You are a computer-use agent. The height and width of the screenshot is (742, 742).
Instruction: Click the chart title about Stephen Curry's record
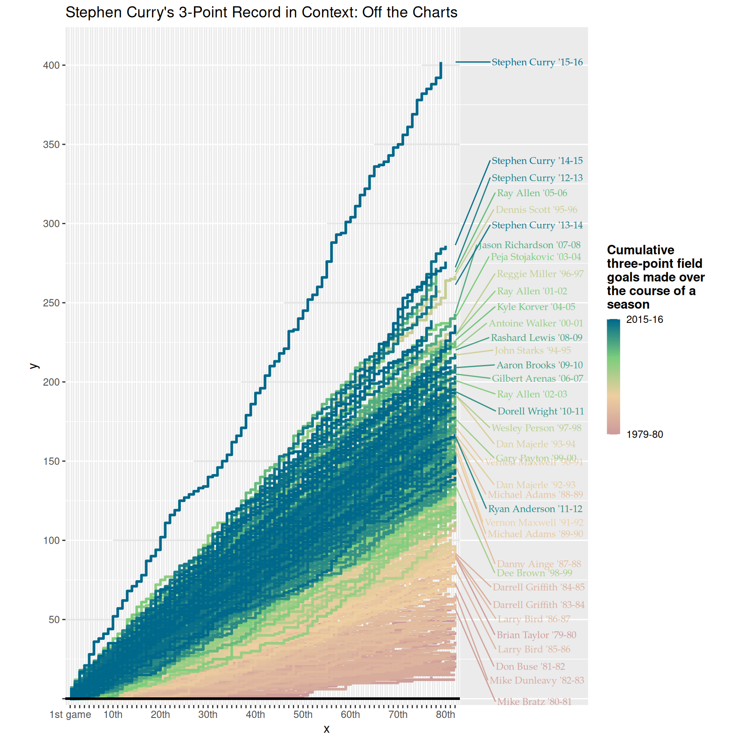pos(261,12)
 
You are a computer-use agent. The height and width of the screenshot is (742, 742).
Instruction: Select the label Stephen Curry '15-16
pos(537,62)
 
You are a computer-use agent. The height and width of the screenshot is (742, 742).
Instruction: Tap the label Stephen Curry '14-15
pos(537,161)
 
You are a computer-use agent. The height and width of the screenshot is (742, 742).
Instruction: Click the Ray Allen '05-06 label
pos(532,193)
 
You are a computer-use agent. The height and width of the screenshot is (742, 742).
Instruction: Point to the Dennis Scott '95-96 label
pos(536,210)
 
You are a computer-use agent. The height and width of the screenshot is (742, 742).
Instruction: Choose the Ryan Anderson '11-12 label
pos(535,509)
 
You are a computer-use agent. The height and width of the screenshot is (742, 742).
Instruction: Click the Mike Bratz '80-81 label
pos(534,702)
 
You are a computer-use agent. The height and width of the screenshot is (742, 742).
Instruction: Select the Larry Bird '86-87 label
pos(534,619)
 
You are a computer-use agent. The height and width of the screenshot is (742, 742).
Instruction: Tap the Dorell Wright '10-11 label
pos(541,411)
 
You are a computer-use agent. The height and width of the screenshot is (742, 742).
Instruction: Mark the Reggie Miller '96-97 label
pos(540,274)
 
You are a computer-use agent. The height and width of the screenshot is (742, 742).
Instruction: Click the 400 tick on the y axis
pos(51,65)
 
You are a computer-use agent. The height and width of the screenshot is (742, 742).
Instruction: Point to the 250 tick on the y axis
pos(51,303)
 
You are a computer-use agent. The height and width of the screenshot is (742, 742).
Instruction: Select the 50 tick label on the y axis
pos(54,620)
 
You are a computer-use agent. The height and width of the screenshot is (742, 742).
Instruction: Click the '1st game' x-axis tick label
pos(70,715)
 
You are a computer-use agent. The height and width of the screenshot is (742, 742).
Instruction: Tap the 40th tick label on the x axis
pos(255,715)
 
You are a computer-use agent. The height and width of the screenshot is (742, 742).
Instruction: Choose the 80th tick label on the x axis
pos(445,715)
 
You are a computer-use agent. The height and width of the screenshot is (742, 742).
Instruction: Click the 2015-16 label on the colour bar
pos(644,319)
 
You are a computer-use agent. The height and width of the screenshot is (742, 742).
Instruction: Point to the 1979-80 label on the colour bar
pos(644,435)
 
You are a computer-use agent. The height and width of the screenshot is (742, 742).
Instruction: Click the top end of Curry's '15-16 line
pos(441,63)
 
